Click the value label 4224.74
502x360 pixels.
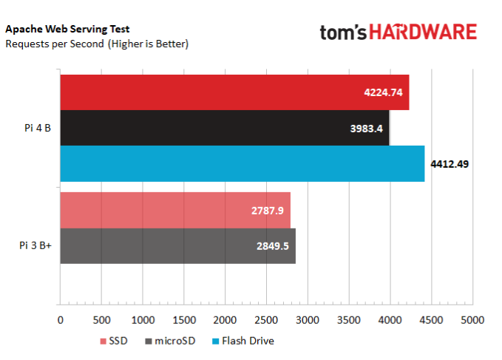point(383,92)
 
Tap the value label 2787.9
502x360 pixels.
point(268,211)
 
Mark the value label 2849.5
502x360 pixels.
point(272,246)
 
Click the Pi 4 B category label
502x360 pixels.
point(36,128)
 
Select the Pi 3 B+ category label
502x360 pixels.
point(35,246)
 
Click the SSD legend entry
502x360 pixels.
point(112,341)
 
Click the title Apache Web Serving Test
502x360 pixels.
point(67,30)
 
